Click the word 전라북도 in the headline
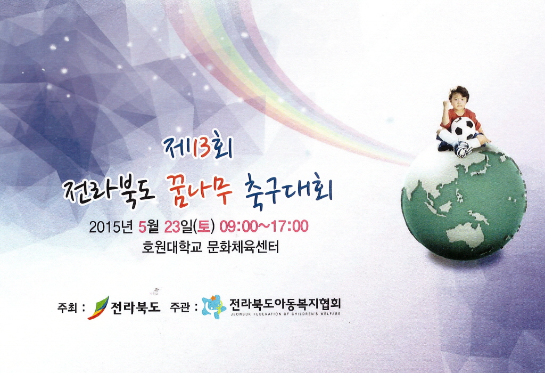coord(108,191)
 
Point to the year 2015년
coord(111,227)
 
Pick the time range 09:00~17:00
coord(263,226)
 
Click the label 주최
coord(67,307)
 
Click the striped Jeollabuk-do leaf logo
coord(98,307)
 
